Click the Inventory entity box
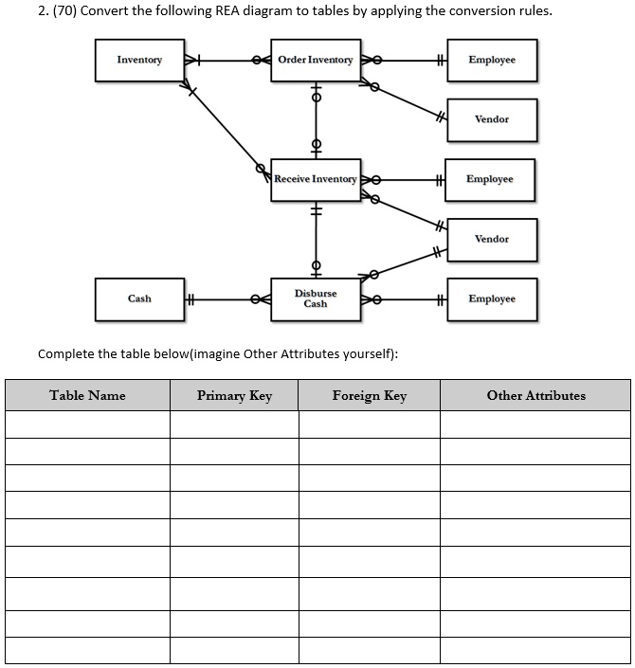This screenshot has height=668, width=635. click(139, 60)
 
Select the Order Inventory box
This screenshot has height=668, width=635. click(316, 60)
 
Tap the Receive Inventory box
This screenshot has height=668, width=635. click(316, 179)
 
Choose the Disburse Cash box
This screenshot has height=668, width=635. click(316, 298)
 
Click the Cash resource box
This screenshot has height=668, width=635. click(139, 298)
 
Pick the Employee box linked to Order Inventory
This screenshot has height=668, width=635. click(492, 60)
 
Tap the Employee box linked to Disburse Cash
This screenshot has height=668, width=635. click(492, 298)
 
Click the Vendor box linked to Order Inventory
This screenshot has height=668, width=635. click(492, 119)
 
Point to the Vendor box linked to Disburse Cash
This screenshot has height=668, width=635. click(492, 239)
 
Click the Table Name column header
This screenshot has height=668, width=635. click(87, 396)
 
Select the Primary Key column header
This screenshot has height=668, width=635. click(234, 396)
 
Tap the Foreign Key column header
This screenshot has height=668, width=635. click(370, 396)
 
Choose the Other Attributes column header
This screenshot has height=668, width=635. click(535, 396)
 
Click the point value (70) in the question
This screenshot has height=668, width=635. click(33, 11)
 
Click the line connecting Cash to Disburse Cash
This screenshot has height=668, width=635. click(223, 299)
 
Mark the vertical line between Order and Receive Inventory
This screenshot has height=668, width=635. click(316, 120)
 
